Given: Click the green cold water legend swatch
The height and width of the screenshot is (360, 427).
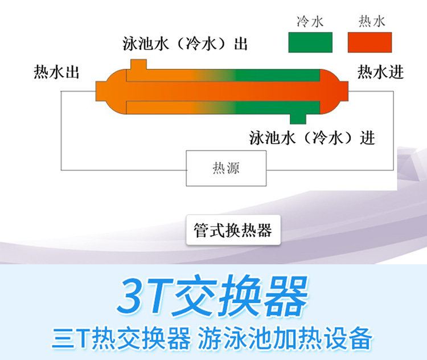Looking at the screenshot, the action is (x=310, y=42).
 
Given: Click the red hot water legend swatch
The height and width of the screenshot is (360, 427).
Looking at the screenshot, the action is (x=369, y=42).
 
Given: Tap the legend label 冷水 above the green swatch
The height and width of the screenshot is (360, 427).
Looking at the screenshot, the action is (x=310, y=22).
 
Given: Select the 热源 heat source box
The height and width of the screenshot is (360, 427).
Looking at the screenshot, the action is (x=225, y=169).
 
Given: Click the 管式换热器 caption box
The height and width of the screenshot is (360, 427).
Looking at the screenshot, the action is (x=233, y=230).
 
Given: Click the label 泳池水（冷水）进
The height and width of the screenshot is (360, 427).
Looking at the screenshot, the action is (x=313, y=138).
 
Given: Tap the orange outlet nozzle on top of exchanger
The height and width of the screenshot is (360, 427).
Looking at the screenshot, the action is (x=138, y=64).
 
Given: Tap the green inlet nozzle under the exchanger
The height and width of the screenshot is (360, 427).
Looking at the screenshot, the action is (x=298, y=118).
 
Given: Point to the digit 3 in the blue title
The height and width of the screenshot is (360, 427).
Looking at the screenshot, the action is (x=130, y=297).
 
